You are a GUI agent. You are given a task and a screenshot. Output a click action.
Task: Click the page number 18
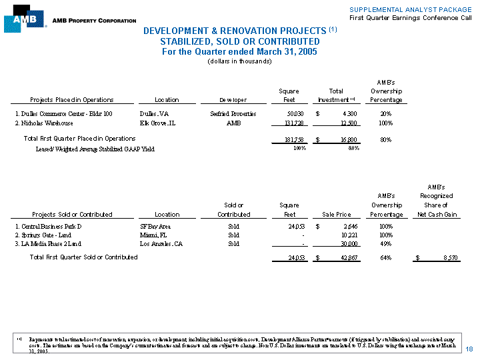click(x=469, y=349)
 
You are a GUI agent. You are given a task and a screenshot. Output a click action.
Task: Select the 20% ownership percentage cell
click(x=385, y=114)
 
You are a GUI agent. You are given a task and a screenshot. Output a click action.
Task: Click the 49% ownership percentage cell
click(x=385, y=244)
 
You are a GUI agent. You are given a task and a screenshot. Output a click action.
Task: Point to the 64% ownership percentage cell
click(x=385, y=258)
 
